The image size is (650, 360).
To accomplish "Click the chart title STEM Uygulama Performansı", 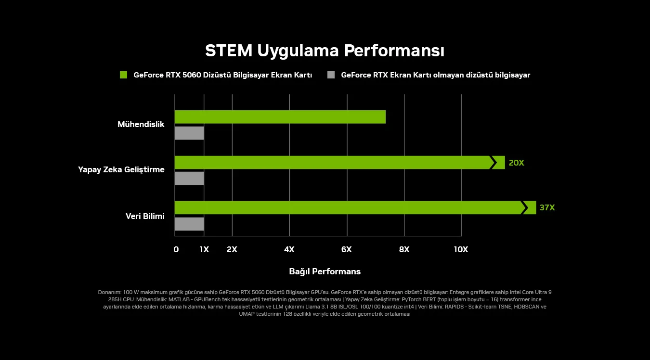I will [x=325, y=51].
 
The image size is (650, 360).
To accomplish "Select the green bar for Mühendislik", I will [x=280, y=117].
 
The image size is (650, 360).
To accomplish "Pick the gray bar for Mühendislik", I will [x=189, y=133].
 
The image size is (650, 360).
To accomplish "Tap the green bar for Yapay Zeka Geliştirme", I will [x=332, y=163].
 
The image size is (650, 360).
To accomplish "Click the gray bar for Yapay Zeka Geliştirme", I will [x=189, y=179].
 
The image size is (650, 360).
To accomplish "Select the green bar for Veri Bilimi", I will [x=347, y=207].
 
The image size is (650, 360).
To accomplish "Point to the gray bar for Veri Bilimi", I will [x=189, y=224].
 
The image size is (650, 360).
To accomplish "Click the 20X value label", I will [x=516, y=163].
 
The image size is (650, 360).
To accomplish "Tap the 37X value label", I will [x=547, y=208].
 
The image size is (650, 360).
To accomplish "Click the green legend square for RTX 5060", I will [x=124, y=75].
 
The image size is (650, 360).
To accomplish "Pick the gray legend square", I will [x=331, y=75].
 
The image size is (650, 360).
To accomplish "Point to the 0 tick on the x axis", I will [x=176, y=249].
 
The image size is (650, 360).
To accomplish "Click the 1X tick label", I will [x=204, y=249].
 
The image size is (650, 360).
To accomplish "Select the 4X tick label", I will [x=289, y=249].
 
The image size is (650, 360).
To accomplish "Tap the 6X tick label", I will [x=346, y=249].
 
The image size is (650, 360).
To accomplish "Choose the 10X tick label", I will [x=461, y=249].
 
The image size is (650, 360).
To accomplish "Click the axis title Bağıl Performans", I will [x=325, y=271].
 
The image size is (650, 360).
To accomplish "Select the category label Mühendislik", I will [x=141, y=125].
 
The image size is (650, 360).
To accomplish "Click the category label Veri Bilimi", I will [x=145, y=217].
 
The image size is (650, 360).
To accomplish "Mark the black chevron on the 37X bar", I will [x=524, y=208].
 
